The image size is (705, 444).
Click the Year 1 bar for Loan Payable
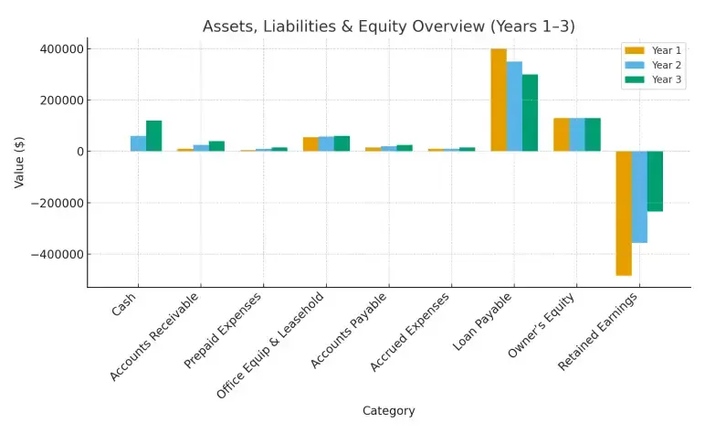pyautogui.click(x=499, y=100)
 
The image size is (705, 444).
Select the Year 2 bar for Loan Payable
pyautogui.click(x=514, y=107)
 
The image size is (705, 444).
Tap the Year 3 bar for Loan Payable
pyautogui.click(x=530, y=113)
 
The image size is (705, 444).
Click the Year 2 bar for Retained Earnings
pyautogui.click(x=639, y=196)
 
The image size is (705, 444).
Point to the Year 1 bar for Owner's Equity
pyautogui.click(x=561, y=134)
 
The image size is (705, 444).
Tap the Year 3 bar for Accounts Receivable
pyautogui.click(x=216, y=146)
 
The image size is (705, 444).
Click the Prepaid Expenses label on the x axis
pyautogui.click(x=223, y=331)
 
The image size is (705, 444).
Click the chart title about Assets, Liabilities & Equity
pyautogui.click(x=389, y=26)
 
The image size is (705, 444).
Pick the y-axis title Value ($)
pyautogui.click(x=19, y=162)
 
